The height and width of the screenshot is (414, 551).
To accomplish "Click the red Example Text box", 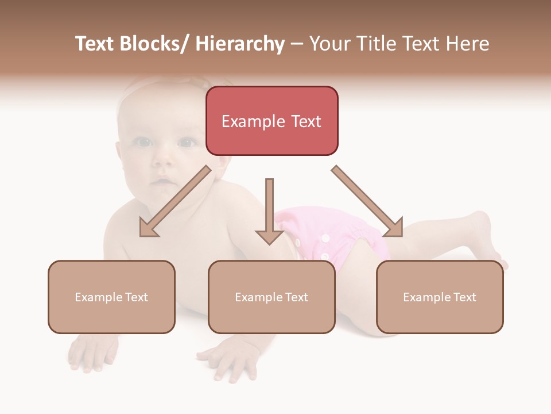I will coord(271,121).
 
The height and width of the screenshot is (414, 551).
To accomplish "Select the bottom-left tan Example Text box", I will coord(111,297).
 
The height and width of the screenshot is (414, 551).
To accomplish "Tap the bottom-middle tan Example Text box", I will coord(271,297).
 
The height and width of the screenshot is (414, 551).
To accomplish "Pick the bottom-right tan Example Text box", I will coord(440,297).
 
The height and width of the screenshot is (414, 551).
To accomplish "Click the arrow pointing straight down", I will coord(269,210).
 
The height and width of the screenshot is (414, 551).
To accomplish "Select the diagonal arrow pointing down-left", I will coord(174,201).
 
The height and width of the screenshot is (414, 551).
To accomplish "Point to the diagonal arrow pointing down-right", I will coord(367,201).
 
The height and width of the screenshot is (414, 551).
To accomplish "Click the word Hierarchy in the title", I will coord(240,44).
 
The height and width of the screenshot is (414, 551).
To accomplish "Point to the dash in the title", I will coord(297,44).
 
